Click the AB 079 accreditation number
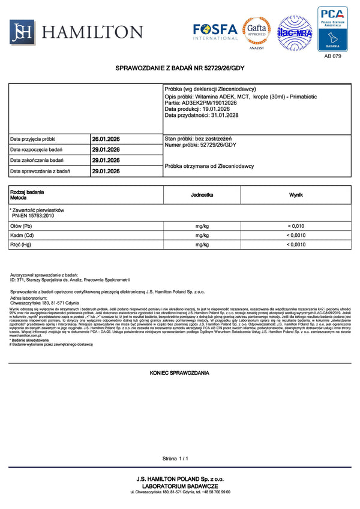(332, 56)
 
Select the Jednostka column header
(202, 195)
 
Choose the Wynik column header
(296, 195)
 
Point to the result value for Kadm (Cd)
(296, 236)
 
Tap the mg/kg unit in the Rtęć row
(202, 245)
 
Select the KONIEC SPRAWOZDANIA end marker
(179, 373)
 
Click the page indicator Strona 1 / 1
(175, 459)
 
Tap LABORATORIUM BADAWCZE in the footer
(179, 485)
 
